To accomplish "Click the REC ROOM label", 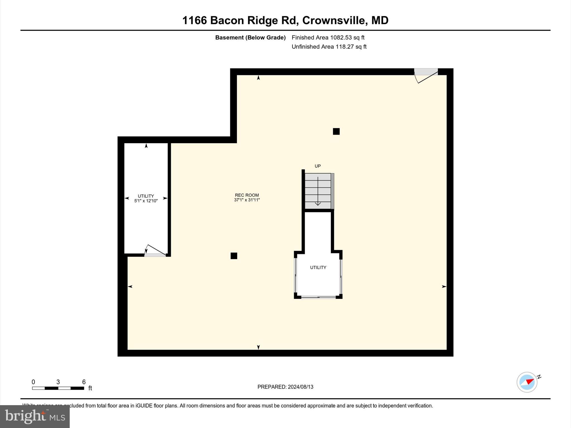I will click(247, 195).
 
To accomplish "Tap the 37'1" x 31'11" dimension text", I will click(247, 200).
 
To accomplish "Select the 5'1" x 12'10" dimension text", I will click(146, 201).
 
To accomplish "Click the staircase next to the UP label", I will click(318, 191).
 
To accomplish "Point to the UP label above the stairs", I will click(318, 166).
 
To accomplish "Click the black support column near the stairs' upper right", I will click(336, 132).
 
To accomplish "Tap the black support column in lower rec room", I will click(234, 256).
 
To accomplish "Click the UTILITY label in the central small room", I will click(318, 267).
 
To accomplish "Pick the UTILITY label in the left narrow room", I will click(146, 196).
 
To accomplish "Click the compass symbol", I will click(527, 382).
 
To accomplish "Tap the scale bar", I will click(58, 388).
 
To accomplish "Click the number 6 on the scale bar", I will click(84, 382).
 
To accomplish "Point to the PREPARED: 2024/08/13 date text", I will click(285, 387).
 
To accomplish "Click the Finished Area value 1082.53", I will click(341, 38).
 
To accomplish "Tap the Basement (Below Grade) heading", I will click(250, 38).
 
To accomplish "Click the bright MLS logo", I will click(35, 416).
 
